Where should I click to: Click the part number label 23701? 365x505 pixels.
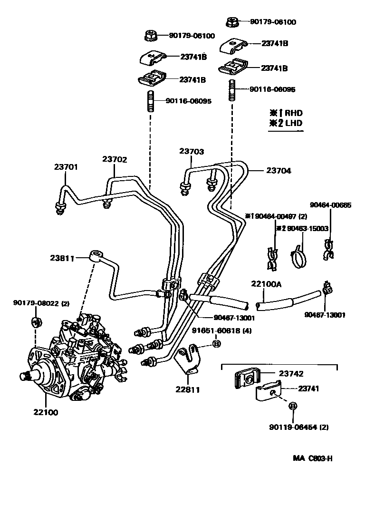coord(66,167)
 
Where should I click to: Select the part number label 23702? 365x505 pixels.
coord(115,160)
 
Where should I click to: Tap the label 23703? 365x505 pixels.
coord(192,152)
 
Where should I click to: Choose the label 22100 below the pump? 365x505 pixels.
coord(46,412)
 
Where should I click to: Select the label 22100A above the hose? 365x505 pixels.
coord(266,284)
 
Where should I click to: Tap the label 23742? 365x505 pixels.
coord(290,374)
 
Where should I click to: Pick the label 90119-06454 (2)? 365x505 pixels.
coord(298,427)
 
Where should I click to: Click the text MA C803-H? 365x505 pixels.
coord(312,458)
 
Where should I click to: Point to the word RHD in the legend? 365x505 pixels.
coord(293,113)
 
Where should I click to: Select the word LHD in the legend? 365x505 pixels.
coord(293,123)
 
